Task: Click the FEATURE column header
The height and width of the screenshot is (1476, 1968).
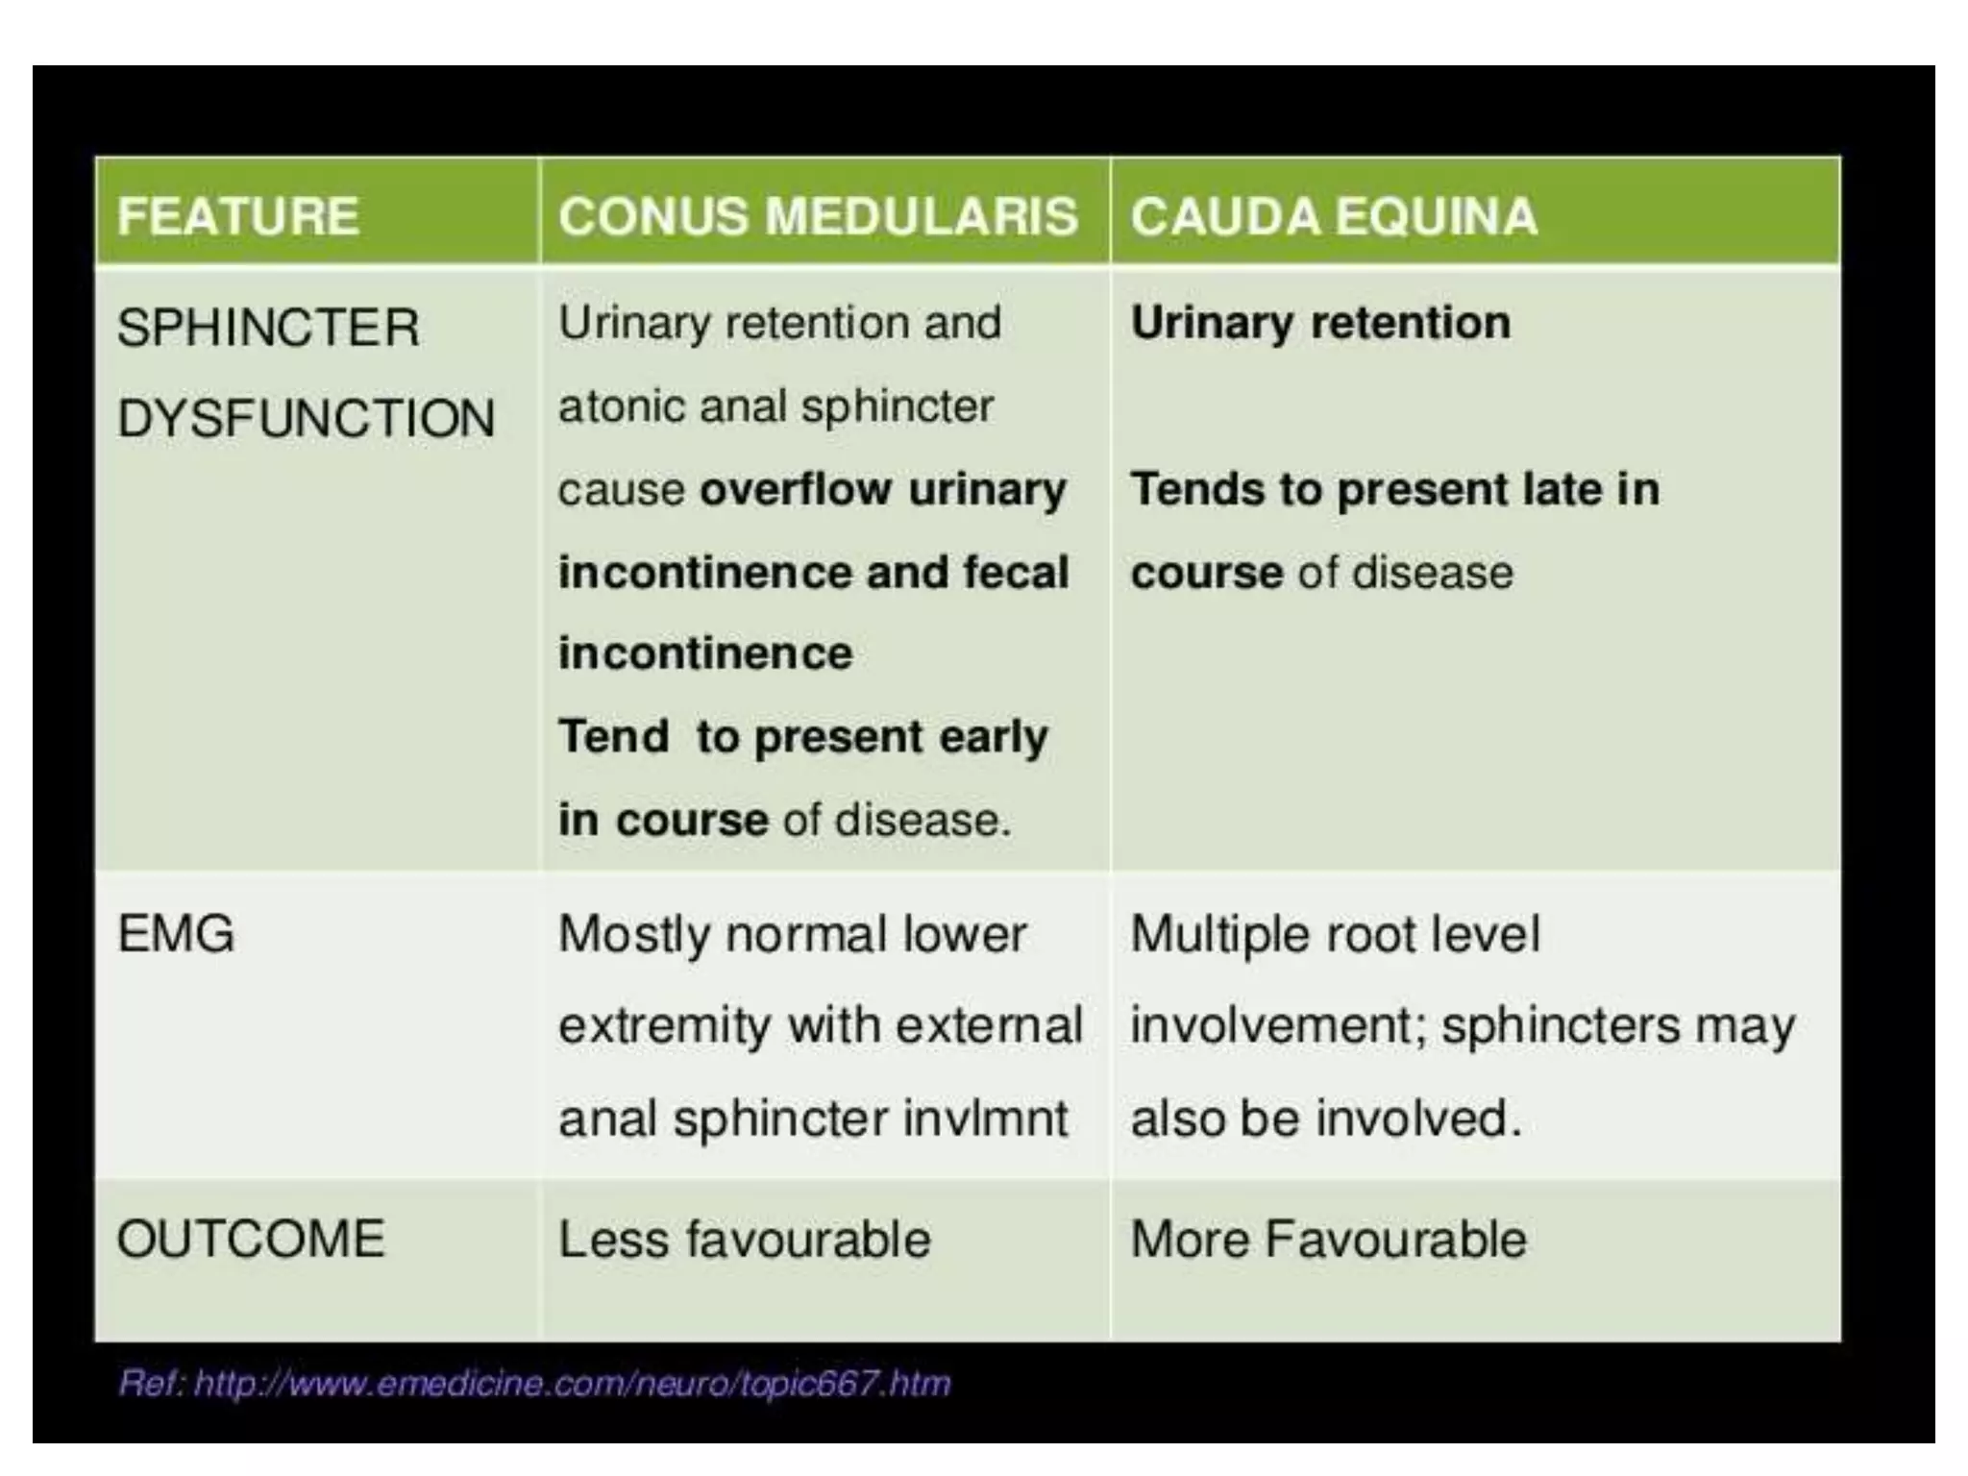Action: point(237,215)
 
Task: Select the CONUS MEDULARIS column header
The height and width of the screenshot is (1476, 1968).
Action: point(818,215)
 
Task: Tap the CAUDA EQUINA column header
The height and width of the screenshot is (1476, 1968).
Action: point(1334,215)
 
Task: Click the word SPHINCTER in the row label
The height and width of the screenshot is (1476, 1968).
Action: point(268,328)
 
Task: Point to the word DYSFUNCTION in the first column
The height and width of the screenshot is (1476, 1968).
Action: point(306,419)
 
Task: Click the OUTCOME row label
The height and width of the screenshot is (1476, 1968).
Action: point(251,1239)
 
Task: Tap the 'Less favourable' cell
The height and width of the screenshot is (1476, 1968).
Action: point(745,1239)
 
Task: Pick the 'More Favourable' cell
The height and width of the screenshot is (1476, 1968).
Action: point(1328,1239)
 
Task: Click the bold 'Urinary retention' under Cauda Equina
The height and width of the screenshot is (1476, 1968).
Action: point(1320,323)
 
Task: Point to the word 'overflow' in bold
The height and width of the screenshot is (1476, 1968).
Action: point(795,489)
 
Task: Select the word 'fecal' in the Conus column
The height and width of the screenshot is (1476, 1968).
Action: point(1017,573)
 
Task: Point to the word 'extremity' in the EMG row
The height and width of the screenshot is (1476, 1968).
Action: point(664,1026)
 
